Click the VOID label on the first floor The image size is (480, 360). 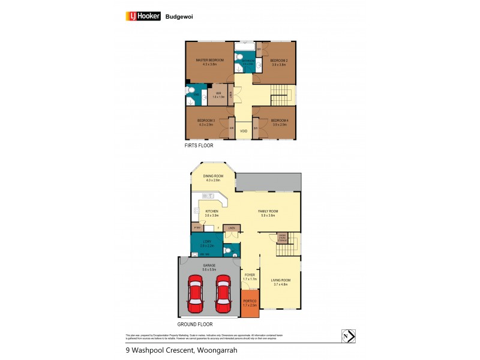(244, 131)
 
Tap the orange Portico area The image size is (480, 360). (250, 303)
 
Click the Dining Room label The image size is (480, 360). (212, 176)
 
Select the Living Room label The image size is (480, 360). (281, 283)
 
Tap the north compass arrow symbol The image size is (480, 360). (347, 335)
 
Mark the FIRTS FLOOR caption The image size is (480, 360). (199, 146)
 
